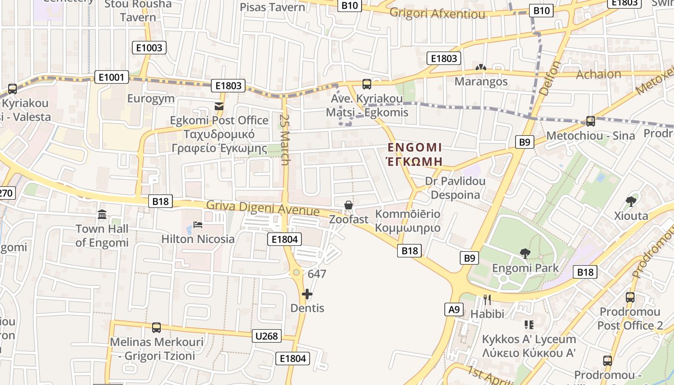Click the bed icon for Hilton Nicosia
(197, 224)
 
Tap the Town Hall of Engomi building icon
(102, 214)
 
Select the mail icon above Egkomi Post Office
(219, 106)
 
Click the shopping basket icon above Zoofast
(349, 205)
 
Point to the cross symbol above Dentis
(307, 294)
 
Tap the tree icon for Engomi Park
(525, 253)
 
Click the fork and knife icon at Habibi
(487, 300)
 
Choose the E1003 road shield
(149, 48)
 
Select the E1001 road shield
(112, 77)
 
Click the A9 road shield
(454, 309)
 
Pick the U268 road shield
(267, 336)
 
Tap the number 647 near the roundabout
(317, 274)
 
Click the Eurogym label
(151, 99)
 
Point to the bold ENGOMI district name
(415, 147)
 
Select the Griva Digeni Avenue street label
(263, 208)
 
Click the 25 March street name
(285, 140)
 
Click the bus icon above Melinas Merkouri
(156, 328)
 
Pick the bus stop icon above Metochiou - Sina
(591, 121)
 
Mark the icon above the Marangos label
(480, 68)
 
